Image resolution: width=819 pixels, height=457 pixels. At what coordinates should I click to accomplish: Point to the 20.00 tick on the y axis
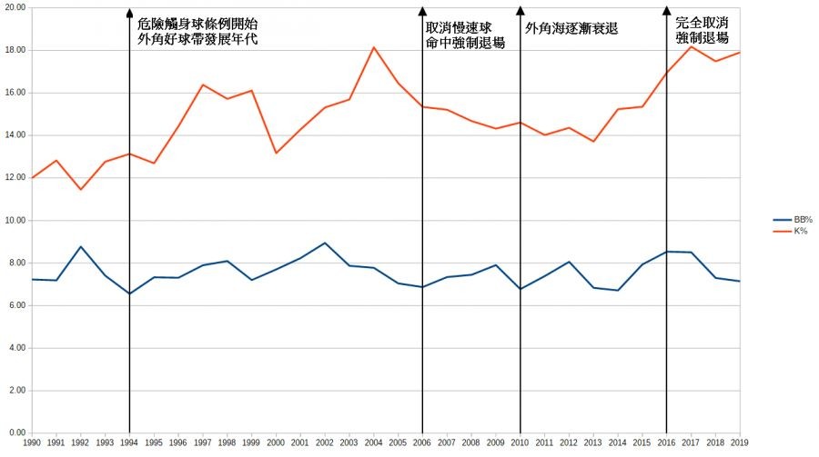coord(15,7)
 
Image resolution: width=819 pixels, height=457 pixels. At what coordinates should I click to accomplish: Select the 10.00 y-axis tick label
coord(15,221)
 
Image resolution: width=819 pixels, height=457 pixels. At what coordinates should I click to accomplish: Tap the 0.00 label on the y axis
coord(17,432)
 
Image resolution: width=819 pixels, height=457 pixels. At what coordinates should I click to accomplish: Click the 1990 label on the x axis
coord(32,442)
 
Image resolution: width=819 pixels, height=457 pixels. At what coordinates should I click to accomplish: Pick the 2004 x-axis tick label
coord(373,442)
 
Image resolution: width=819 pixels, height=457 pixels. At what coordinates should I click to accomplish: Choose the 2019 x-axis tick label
coord(739,442)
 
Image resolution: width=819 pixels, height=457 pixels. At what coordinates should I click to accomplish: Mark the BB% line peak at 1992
coord(81,246)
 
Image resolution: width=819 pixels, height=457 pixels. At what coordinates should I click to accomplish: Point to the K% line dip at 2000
coord(276,153)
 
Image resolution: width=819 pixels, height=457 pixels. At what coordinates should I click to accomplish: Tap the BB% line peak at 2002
coord(325,243)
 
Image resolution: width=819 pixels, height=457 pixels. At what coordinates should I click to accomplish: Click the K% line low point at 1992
coord(81,189)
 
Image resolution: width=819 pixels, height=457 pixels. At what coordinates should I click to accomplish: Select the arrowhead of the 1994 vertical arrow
coord(129,13)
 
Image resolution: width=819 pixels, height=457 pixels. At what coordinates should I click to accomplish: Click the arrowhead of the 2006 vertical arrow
coord(422,13)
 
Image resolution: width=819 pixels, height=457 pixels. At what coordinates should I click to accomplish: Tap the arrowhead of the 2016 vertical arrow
coord(666,13)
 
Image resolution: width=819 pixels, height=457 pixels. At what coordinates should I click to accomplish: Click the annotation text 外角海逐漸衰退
coord(571,28)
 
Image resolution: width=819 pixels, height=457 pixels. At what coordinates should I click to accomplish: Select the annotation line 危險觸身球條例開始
coord(192,24)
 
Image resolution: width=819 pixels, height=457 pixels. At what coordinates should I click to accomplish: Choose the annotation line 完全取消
coord(702,23)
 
